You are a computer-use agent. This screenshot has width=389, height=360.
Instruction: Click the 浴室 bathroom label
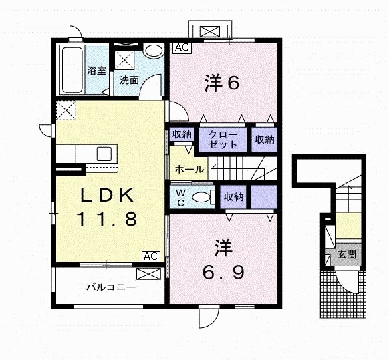pyautogui.click(x=97, y=71)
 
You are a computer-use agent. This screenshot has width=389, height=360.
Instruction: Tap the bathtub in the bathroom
pyautogui.click(x=72, y=70)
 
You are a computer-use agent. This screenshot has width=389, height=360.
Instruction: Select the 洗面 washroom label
pyautogui.click(x=129, y=80)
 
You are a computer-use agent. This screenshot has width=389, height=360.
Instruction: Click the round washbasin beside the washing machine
pyautogui.click(x=153, y=52)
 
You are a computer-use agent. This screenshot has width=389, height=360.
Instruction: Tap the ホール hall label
pyautogui.click(x=189, y=170)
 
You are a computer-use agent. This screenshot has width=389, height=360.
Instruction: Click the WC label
pyautogui.click(x=181, y=197)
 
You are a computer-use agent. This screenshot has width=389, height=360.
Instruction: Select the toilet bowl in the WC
pyautogui.click(x=201, y=198)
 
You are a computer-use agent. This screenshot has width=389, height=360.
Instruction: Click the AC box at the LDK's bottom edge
pyautogui.click(x=150, y=256)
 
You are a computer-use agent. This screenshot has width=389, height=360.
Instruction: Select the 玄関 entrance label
pyautogui.click(x=346, y=254)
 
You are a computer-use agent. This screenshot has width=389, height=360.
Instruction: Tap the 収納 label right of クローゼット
pyautogui.click(x=264, y=139)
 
